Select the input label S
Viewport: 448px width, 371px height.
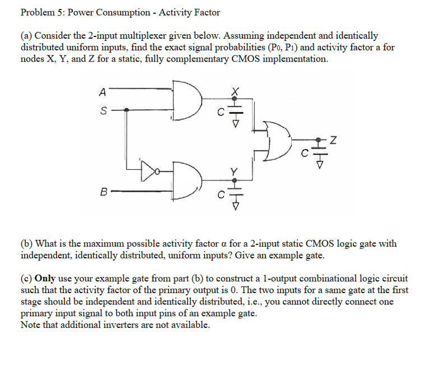click(x=101, y=111)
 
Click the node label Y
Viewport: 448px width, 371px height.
click(x=236, y=170)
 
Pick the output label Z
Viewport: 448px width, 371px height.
click(x=333, y=140)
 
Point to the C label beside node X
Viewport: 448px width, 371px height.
click(x=222, y=112)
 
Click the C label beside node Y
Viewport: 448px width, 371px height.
click(x=222, y=194)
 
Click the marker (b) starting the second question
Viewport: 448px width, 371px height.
click(x=26, y=243)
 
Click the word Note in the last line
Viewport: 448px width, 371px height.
click(x=31, y=324)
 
